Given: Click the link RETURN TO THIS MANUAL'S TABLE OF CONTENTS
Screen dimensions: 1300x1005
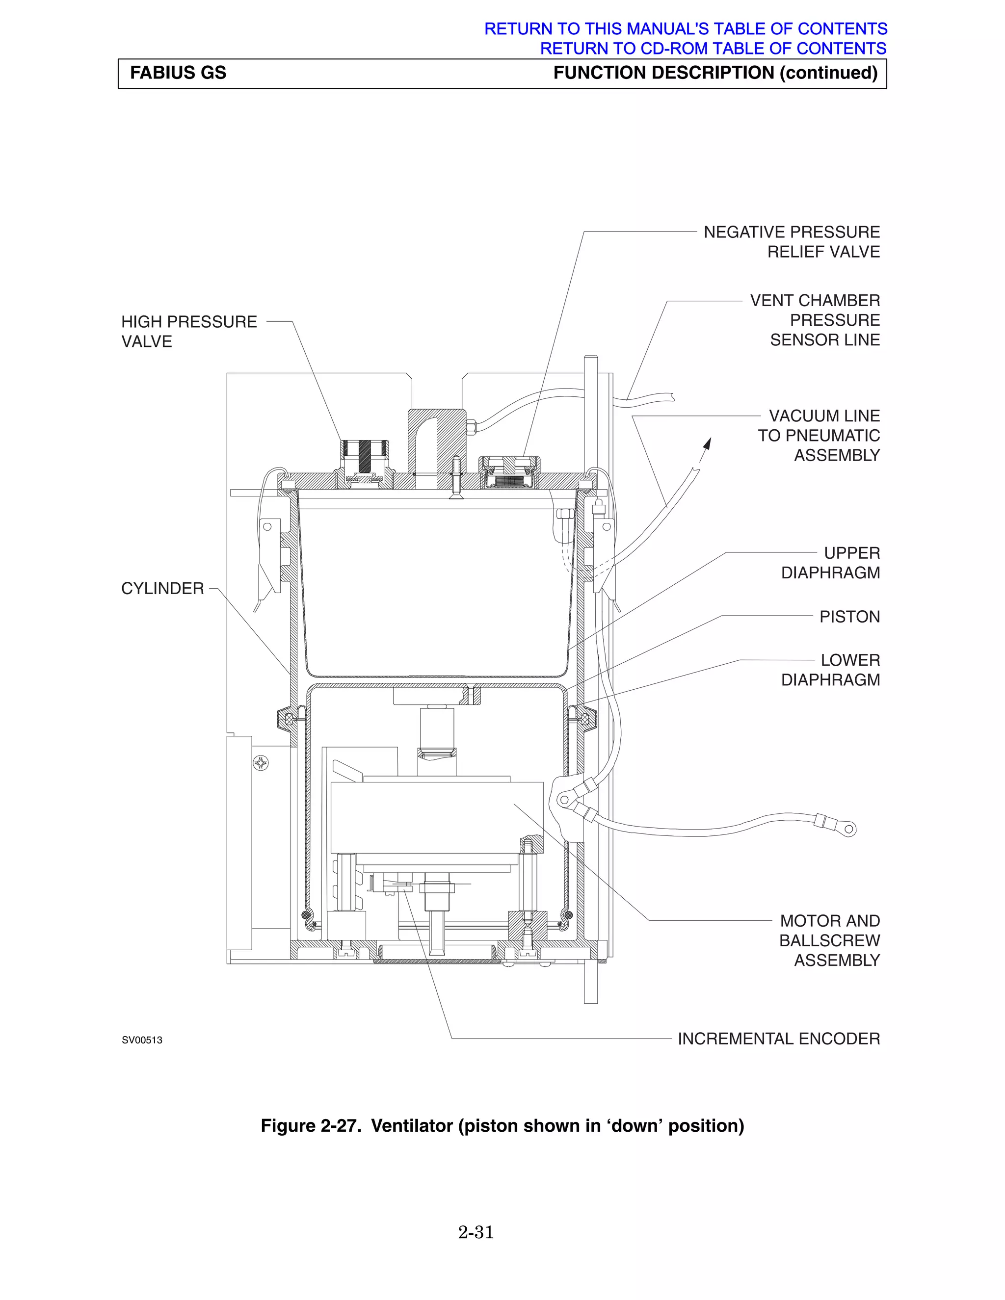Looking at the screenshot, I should click(685, 28).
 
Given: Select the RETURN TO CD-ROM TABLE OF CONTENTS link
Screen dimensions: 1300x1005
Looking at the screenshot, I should click(713, 48).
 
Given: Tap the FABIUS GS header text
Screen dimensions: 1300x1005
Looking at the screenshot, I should click(178, 73).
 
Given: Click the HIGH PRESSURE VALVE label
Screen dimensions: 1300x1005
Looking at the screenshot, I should click(189, 331).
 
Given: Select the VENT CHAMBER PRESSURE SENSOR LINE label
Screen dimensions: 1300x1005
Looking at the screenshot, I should click(815, 320).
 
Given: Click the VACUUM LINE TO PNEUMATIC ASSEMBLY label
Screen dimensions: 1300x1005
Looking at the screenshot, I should click(819, 435).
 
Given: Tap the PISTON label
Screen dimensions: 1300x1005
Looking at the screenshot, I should click(849, 617).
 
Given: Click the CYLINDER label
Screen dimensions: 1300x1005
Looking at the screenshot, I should click(162, 589).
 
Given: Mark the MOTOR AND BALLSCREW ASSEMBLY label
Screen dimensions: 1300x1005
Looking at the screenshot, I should click(829, 940).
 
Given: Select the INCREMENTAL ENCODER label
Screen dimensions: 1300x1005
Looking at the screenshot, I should click(778, 1039).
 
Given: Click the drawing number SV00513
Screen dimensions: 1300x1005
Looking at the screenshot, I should click(142, 1040).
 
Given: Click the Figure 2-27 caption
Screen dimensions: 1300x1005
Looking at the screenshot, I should click(502, 1125).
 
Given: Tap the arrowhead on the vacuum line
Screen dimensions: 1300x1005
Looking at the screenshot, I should click(707, 444).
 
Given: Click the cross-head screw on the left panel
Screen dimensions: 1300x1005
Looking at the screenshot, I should click(261, 762).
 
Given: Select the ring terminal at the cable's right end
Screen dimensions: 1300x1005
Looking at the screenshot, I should click(849, 829).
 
